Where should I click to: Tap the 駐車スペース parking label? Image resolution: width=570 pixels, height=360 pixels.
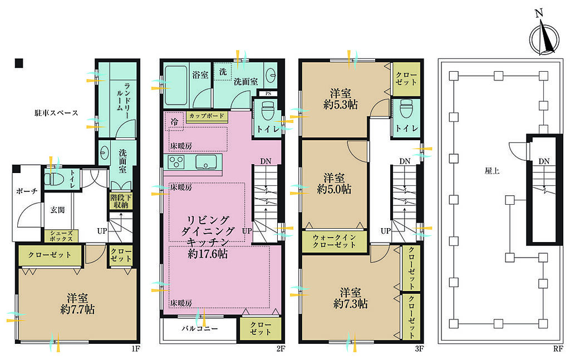click(x=56, y=113)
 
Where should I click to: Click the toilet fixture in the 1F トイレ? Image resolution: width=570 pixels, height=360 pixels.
click(x=53, y=179)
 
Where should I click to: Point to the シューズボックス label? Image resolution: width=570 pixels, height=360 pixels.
click(x=61, y=236)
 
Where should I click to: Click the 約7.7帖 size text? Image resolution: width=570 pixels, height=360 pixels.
click(x=77, y=309)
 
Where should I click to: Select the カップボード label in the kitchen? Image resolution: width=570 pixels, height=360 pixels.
click(x=207, y=116)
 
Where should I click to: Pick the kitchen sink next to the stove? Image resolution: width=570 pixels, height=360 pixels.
click(x=206, y=162)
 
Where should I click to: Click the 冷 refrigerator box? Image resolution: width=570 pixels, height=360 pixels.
click(x=174, y=122)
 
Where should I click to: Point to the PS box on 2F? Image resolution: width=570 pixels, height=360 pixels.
click(x=268, y=93)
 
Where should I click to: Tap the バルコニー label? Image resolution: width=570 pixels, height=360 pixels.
click(x=200, y=329)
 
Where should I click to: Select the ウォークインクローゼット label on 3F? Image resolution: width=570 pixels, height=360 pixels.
click(x=335, y=241)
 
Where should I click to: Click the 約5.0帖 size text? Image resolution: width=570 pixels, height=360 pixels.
click(x=334, y=189)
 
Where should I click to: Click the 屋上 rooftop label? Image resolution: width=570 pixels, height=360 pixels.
click(x=492, y=170)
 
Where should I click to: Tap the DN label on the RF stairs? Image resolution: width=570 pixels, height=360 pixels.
click(x=544, y=161)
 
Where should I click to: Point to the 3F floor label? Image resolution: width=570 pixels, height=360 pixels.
click(x=419, y=349)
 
